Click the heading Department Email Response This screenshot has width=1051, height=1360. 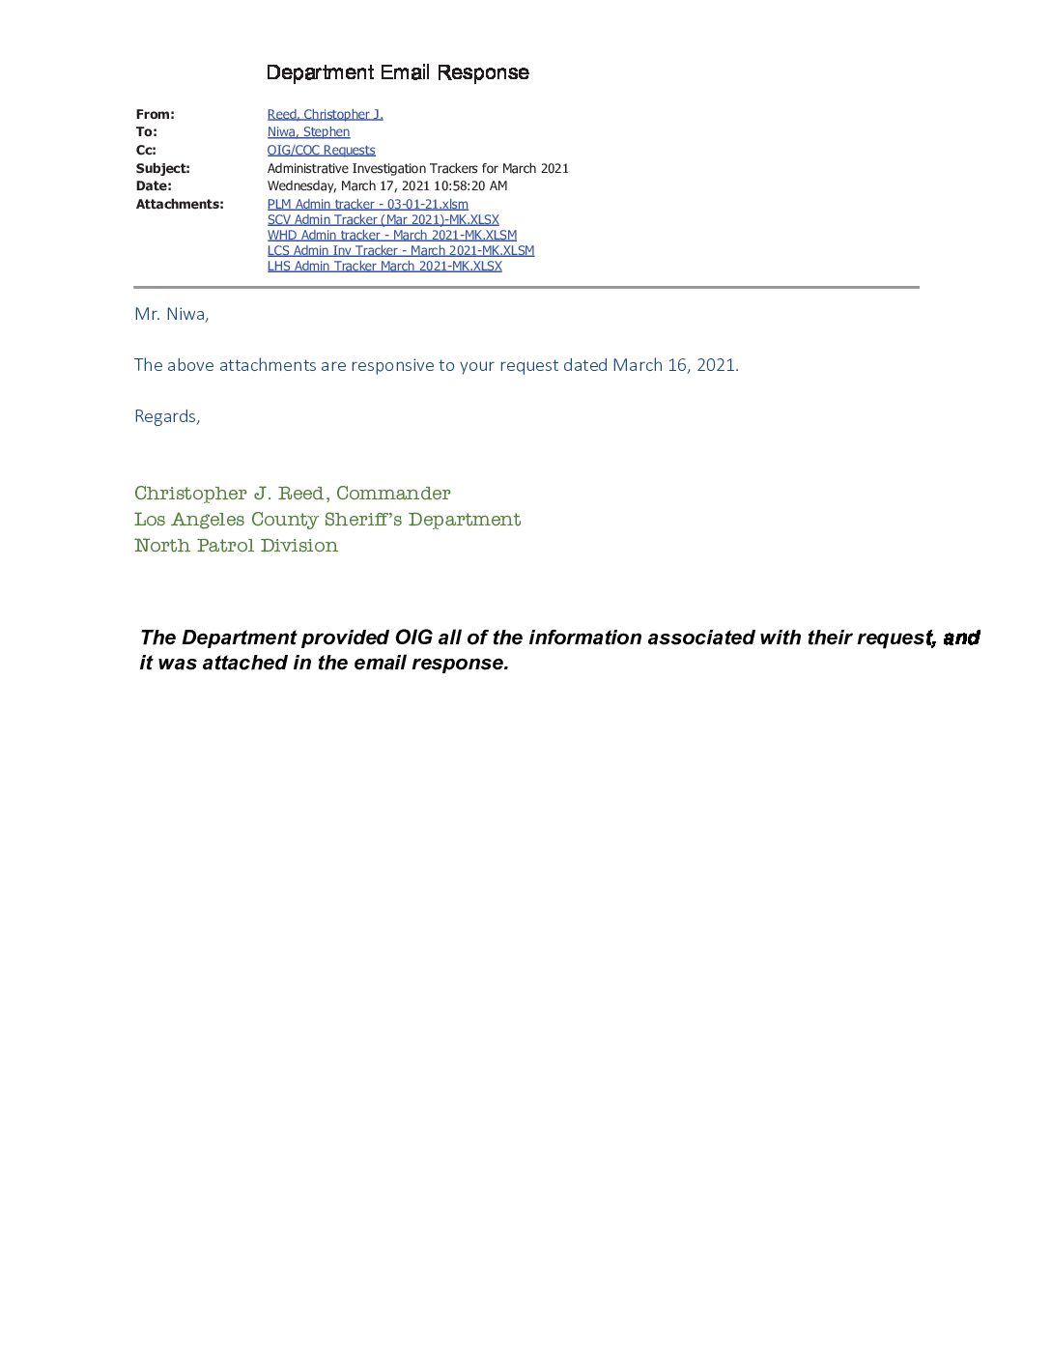[397, 72]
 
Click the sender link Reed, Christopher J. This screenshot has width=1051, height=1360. [325, 114]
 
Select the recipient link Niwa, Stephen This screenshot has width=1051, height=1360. [308, 132]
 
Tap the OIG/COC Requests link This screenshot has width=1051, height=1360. [321, 150]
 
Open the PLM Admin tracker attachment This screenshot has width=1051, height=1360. [367, 204]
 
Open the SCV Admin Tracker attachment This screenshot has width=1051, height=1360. [383, 219]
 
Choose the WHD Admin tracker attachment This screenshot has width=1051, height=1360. [391, 235]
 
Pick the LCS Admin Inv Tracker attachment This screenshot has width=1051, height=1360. [400, 250]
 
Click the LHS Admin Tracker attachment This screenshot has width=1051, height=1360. [384, 266]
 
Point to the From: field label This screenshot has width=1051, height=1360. [155, 114]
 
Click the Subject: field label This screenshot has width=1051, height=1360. [162, 168]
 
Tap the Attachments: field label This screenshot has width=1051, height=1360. [180, 204]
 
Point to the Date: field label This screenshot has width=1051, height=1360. [154, 185]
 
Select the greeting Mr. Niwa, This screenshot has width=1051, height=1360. [171, 314]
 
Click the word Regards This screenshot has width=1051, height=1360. [166, 416]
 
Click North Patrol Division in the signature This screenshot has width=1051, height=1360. [236, 546]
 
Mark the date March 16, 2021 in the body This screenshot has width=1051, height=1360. [674, 365]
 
